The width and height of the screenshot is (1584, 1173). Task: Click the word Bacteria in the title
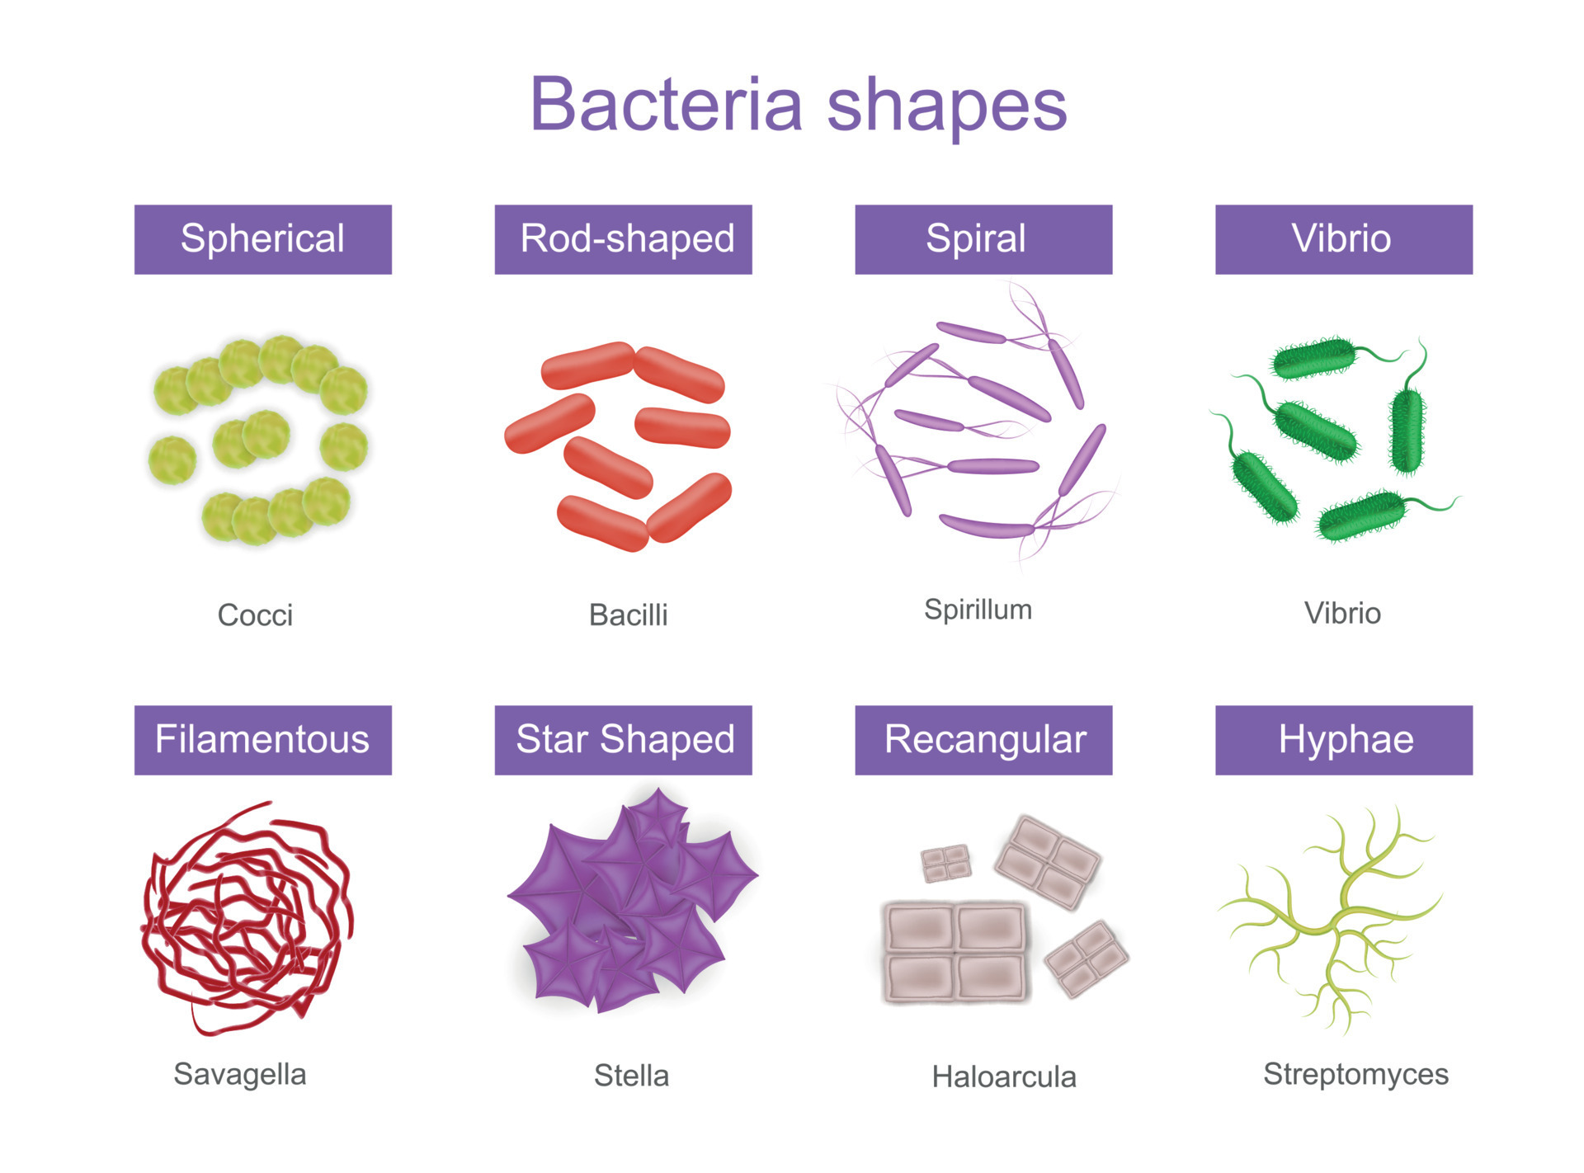(x=667, y=104)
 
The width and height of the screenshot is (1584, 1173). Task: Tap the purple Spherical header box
(x=263, y=239)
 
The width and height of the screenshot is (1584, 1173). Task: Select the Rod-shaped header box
(x=623, y=239)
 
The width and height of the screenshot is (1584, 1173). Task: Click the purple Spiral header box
(x=983, y=239)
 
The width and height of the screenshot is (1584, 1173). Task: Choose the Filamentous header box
(x=263, y=740)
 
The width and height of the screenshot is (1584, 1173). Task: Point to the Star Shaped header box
(x=623, y=740)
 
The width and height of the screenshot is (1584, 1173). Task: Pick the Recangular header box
(x=983, y=740)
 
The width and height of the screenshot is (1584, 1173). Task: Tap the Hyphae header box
(x=1344, y=740)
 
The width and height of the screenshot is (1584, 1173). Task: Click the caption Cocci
(x=255, y=615)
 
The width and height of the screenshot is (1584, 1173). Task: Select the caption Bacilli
(x=629, y=615)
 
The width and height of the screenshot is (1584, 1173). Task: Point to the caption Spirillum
(x=978, y=610)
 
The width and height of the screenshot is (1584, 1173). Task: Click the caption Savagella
(x=240, y=1075)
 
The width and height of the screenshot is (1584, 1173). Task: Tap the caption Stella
(x=631, y=1076)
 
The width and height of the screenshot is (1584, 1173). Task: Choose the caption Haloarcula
(x=1004, y=1076)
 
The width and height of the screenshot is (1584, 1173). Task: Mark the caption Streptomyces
(x=1356, y=1075)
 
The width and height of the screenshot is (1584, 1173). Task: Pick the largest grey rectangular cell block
(x=955, y=952)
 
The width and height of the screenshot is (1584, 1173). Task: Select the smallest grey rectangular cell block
(x=945, y=863)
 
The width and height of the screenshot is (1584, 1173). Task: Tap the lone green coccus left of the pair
(x=172, y=460)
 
